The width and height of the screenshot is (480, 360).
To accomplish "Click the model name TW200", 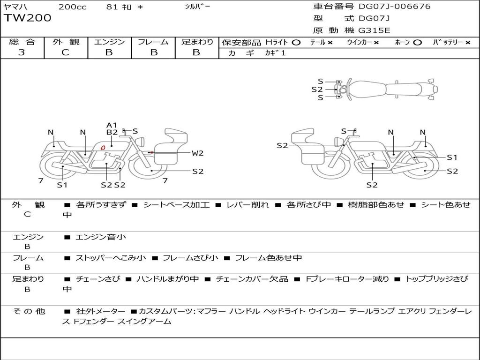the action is tap(28, 18).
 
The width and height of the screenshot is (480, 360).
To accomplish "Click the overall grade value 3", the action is tap(22, 52).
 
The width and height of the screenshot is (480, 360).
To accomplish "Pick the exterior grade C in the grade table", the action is tap(65, 52).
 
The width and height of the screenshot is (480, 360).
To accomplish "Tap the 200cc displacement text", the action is tap(73, 7).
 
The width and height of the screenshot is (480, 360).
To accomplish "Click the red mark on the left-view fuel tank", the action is tap(103, 148).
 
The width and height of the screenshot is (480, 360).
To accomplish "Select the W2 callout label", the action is tap(197, 153).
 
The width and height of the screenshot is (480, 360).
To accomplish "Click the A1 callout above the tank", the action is tap(112, 125).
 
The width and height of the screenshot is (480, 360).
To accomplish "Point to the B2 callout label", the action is tap(112, 132).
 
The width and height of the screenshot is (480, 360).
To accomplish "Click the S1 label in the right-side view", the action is tap(452, 157).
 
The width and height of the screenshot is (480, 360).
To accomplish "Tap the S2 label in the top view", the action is tap(317, 90).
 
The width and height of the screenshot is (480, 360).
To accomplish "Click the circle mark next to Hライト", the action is tap(296, 43).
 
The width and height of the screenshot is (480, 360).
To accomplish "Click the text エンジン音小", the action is tap(101, 237).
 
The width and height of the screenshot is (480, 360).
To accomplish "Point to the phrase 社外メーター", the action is tap(100, 311).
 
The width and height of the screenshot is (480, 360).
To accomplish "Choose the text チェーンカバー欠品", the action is tap(252, 279).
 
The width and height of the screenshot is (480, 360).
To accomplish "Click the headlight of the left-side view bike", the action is tap(141, 142).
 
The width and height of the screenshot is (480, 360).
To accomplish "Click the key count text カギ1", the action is tap(275, 53).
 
